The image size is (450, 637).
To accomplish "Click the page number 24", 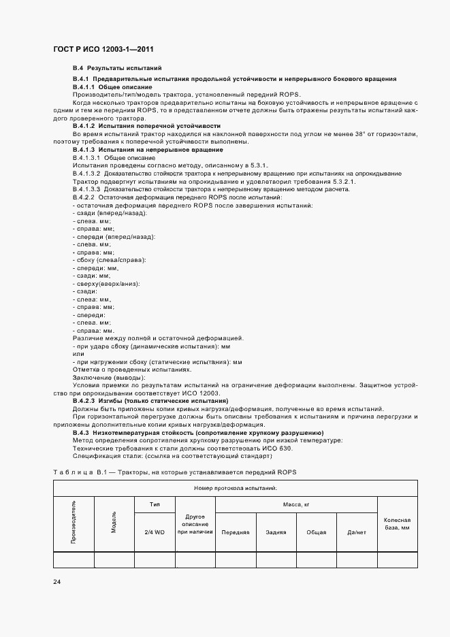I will pyautogui.click(x=57, y=582).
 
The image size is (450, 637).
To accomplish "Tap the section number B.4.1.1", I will pyautogui.click(x=84, y=88).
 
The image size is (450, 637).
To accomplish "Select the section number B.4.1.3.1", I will pyautogui.click(x=86, y=157).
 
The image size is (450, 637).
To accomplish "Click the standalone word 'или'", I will pyautogui.click(x=78, y=354).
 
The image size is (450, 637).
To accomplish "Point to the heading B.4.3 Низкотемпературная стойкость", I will pyautogui.click(x=197, y=433).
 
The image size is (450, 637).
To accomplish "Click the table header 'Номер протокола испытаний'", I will pyautogui.click(x=235, y=489).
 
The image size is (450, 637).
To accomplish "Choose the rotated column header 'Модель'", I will pyautogui.click(x=114, y=522).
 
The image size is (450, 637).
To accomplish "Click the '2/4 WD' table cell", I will pyautogui.click(x=155, y=532).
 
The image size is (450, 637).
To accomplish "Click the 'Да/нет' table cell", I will pyautogui.click(x=357, y=532).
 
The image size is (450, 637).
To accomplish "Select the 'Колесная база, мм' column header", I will pyautogui.click(x=397, y=523).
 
